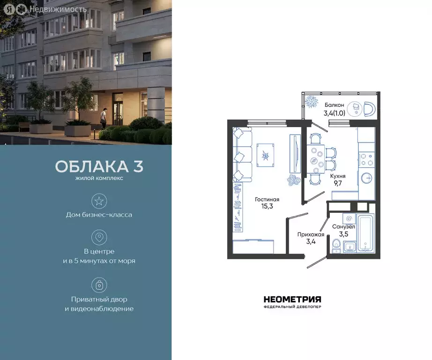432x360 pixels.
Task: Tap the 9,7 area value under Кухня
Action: click(x=337, y=183)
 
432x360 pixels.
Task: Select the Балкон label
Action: click(x=334, y=105)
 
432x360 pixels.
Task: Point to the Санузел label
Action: click(x=343, y=226)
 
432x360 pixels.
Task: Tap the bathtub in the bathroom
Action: click(x=365, y=233)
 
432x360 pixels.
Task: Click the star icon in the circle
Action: click(x=99, y=202)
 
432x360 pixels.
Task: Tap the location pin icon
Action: click(x=99, y=237)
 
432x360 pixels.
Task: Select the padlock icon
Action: click(x=99, y=285)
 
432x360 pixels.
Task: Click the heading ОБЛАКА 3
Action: click(x=99, y=167)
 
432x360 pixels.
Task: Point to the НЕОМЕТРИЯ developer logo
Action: click(x=292, y=300)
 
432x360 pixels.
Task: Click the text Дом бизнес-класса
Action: click(x=99, y=215)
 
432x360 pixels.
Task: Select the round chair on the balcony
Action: click(x=369, y=109)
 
